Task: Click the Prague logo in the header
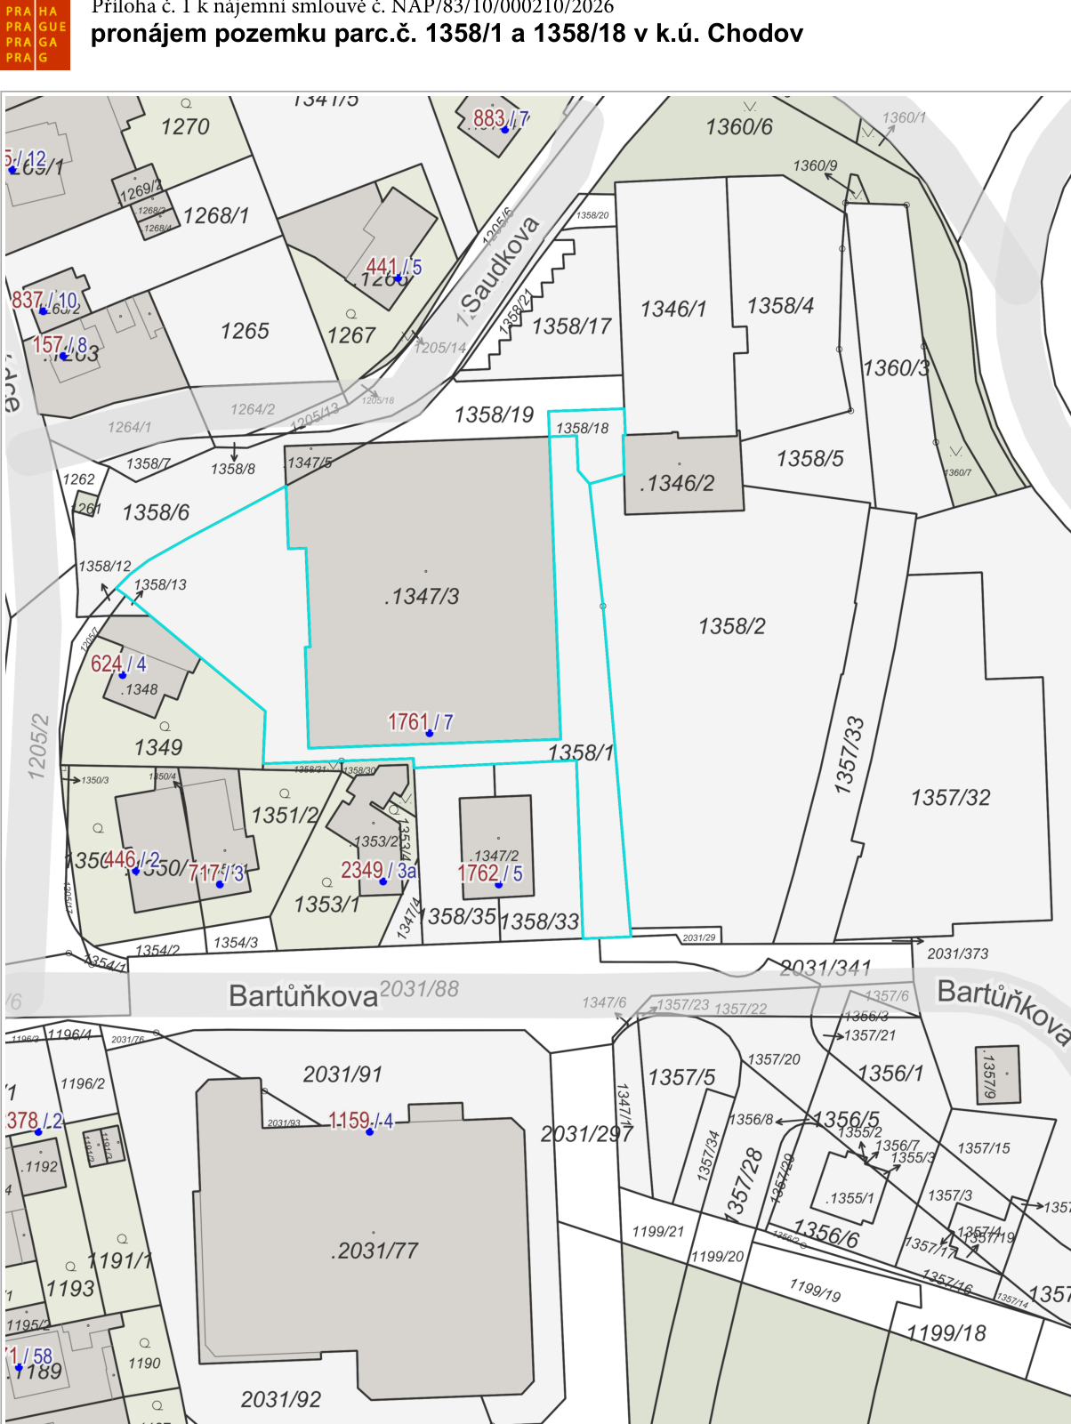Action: pos(36,36)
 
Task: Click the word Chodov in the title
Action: pos(755,34)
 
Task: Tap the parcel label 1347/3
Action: pos(423,597)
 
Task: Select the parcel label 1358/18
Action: pos(583,428)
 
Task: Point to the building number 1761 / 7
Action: pos(421,722)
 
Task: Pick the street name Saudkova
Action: pos(500,266)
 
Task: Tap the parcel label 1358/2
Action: pos(732,626)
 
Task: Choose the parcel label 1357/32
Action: pos(950,797)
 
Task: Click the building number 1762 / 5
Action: pos(490,873)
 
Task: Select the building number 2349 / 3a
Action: pos(379,870)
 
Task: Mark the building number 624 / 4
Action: pos(118,664)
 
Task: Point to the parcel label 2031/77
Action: pos(376,1251)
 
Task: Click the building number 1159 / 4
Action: pos(361,1121)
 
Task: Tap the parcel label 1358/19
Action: pos(494,414)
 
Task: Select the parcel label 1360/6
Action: pos(739,127)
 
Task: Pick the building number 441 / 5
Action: pos(394,267)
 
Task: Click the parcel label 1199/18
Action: pos(946,1332)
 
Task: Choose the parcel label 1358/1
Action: pos(581,752)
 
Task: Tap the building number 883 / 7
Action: pos(501,118)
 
